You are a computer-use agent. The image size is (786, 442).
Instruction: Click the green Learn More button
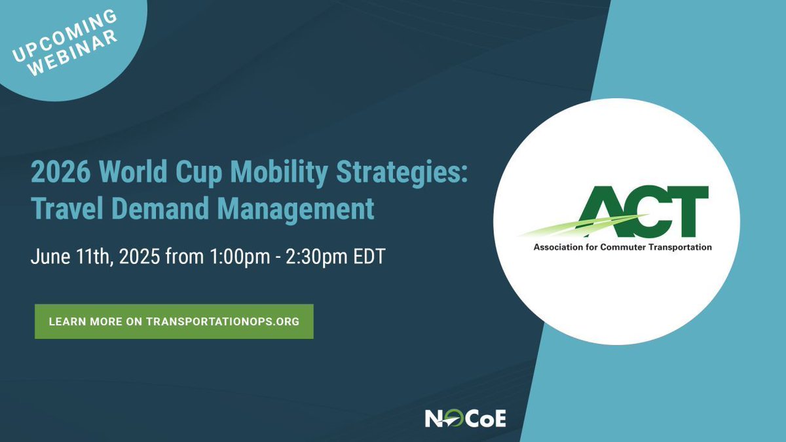point(174,322)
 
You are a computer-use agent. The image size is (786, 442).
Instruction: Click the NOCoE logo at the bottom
point(465,418)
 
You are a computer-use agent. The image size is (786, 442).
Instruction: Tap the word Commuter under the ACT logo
point(621,248)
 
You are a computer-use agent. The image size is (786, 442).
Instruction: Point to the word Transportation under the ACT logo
point(679,248)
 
